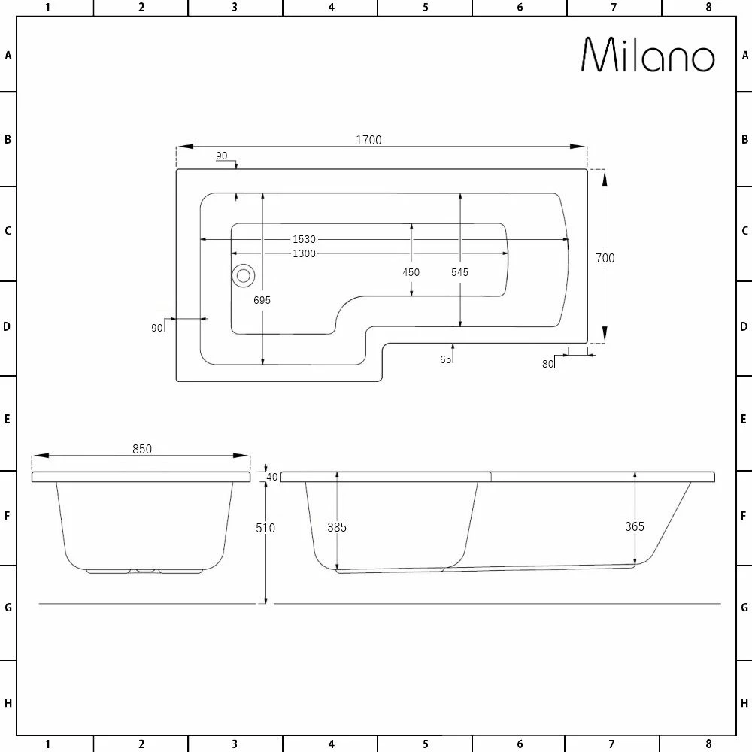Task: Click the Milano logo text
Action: click(x=648, y=55)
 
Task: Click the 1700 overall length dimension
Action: click(x=368, y=140)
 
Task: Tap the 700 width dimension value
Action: click(x=605, y=258)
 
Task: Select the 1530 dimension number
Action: click(x=304, y=239)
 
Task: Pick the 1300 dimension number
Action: click(x=304, y=253)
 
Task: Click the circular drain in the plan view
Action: click(x=243, y=275)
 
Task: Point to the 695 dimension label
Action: click(x=262, y=300)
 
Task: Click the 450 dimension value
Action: click(x=411, y=272)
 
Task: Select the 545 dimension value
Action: click(x=459, y=272)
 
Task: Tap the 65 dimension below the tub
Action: click(x=446, y=359)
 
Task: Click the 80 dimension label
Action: click(x=547, y=364)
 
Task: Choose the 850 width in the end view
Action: click(x=142, y=449)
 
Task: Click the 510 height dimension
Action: click(x=265, y=528)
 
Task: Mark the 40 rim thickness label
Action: click(x=272, y=477)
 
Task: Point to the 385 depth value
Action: click(x=337, y=527)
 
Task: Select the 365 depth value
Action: click(x=635, y=526)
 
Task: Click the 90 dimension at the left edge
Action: click(x=157, y=328)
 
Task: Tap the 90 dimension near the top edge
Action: click(x=221, y=156)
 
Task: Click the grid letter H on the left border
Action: click(x=8, y=703)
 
